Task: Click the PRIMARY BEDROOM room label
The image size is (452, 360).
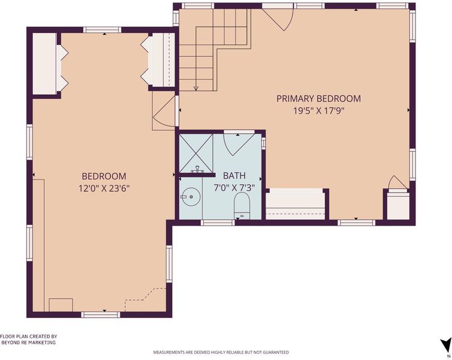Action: pos(318,98)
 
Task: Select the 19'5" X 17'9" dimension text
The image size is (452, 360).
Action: pos(319,111)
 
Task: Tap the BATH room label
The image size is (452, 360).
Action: pos(234,175)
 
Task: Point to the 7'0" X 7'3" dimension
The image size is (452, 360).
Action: pos(234,188)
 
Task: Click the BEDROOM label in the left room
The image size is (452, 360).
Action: pos(104,176)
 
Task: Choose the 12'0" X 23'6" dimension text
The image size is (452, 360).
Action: pos(104,188)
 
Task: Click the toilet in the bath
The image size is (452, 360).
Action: pos(242,205)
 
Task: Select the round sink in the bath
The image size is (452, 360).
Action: pos(191,197)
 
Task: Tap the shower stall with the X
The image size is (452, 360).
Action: pos(196,153)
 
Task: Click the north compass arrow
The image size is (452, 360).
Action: pos(445,345)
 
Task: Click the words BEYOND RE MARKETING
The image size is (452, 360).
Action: pos(29,343)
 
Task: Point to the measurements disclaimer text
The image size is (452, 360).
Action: pos(221,352)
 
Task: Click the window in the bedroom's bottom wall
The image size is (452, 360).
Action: pos(101,315)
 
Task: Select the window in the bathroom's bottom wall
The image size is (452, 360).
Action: pos(218,223)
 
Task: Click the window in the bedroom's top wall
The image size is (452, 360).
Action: pos(103,30)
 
